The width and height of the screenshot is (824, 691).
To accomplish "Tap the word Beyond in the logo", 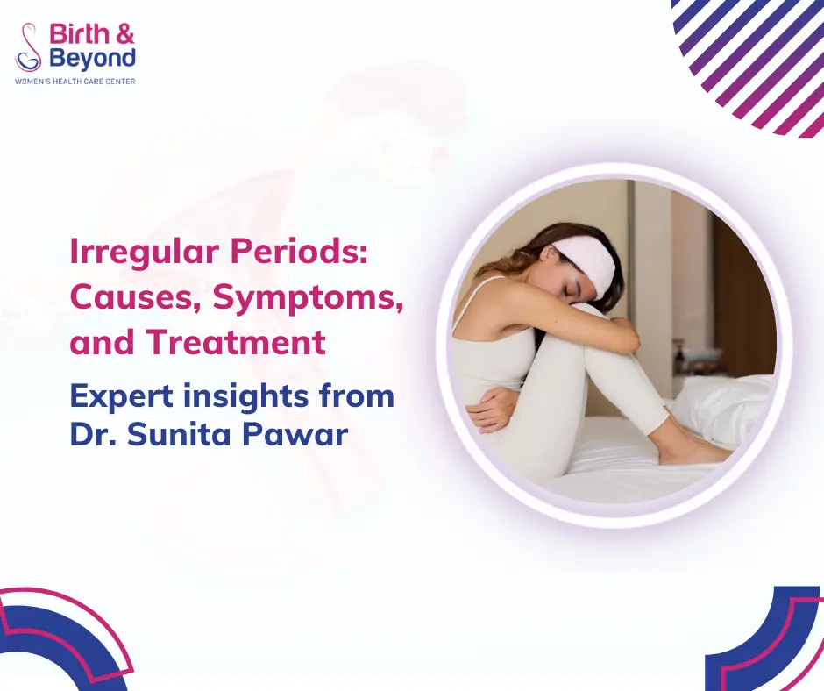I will (92, 59).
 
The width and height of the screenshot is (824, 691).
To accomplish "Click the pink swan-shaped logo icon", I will (29, 47).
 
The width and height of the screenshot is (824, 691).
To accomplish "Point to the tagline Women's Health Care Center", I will (75, 81).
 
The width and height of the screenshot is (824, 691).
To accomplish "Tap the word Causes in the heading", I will (136, 298).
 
